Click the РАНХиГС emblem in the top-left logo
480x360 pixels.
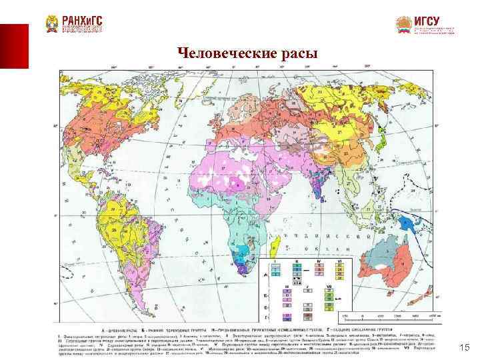[x=51, y=24]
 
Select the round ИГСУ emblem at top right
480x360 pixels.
[x=403, y=25]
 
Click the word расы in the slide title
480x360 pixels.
[x=298, y=53]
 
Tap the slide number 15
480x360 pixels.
[x=465, y=347]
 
